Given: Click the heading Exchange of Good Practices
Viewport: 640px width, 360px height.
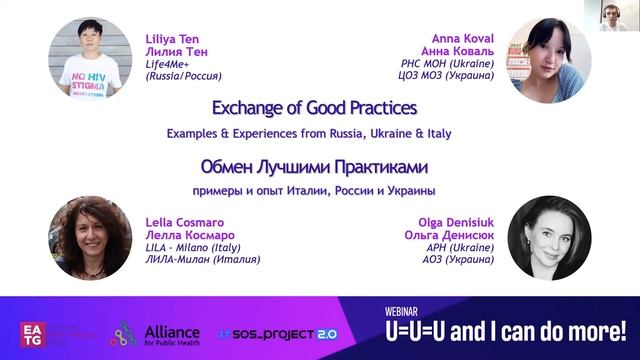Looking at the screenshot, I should (315, 107).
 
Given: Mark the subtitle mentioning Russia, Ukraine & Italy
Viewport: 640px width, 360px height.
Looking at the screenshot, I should (315, 134).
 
